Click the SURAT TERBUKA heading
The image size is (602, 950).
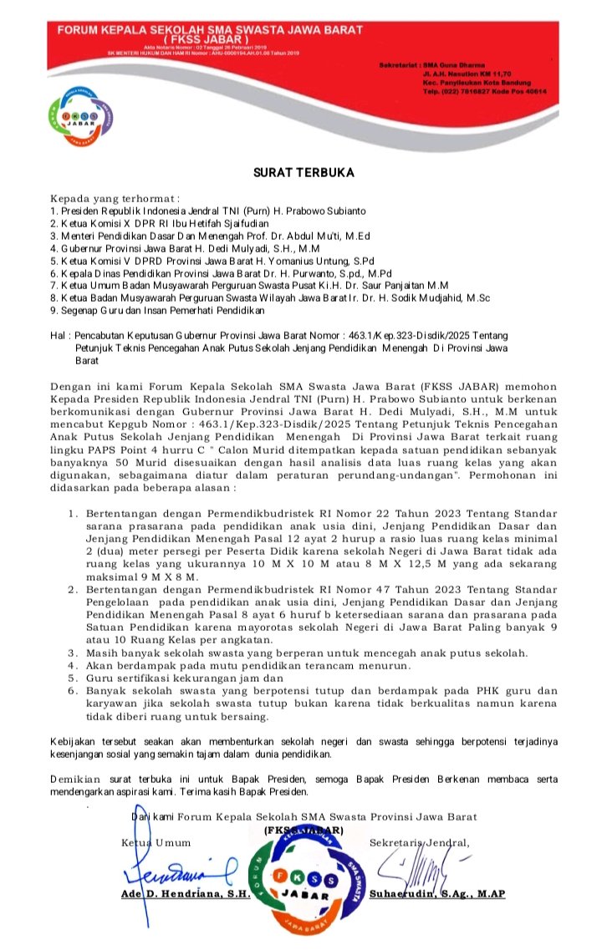coord(304,173)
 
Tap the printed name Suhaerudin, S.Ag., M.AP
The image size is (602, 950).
coord(442,893)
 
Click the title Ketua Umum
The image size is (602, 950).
coord(156,842)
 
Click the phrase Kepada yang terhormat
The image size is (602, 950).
coord(115,199)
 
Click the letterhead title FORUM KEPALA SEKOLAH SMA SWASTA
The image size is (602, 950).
coord(210,30)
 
